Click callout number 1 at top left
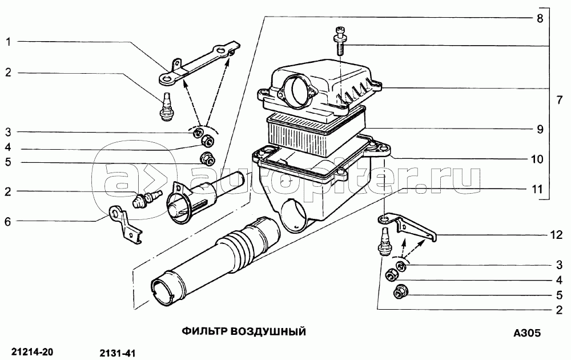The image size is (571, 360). [x=9, y=42]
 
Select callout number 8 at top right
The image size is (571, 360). [x=540, y=18]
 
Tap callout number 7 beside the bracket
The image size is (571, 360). [x=560, y=100]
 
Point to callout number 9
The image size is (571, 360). [x=540, y=129]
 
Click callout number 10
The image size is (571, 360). [x=537, y=159]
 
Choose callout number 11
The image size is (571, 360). [x=537, y=189]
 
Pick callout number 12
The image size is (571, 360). [x=556, y=235]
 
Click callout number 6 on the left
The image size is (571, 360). [x=8, y=222]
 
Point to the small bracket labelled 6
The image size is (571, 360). [x=126, y=225]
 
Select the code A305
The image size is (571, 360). [x=527, y=333]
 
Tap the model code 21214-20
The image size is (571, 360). [x=33, y=353]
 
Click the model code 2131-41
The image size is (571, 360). [x=117, y=354]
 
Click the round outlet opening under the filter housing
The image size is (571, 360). [x=296, y=215]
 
